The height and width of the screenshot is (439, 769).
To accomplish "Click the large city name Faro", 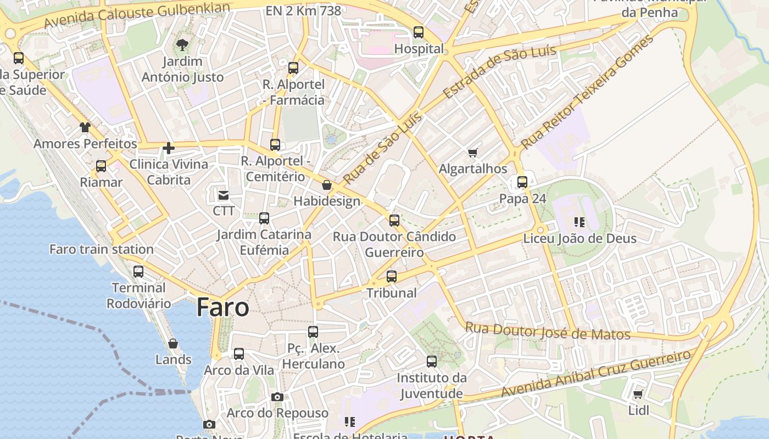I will [x=222, y=307].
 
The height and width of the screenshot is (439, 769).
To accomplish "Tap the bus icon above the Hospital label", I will [x=419, y=32].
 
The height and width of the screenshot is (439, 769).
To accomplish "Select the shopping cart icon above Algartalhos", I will [x=472, y=153].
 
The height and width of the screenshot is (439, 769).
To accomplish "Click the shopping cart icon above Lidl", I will [x=638, y=394].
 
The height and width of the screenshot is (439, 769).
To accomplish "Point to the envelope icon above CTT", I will [x=224, y=195].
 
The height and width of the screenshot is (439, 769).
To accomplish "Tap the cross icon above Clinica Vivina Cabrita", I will [x=169, y=148].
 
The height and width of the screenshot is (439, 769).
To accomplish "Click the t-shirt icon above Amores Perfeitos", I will [x=85, y=128].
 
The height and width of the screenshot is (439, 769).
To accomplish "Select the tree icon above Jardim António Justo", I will [x=182, y=45].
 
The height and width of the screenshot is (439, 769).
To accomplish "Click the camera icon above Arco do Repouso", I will [x=277, y=397].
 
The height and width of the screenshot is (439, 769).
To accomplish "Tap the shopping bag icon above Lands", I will [x=173, y=344].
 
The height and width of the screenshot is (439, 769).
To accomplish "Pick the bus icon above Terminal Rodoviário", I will [x=138, y=271].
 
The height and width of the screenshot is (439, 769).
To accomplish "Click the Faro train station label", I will [x=102, y=249].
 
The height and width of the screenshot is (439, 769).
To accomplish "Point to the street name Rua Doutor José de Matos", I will [x=548, y=331].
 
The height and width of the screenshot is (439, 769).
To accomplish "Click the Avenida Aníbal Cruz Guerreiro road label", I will [x=595, y=374].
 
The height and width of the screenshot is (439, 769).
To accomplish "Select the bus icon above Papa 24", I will [x=522, y=182].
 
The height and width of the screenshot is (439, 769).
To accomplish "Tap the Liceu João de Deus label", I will [x=579, y=239].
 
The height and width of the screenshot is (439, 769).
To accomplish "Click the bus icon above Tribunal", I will [x=392, y=277].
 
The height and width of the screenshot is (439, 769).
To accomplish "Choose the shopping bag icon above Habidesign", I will [x=327, y=185].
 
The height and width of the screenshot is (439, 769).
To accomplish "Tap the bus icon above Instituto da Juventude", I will [x=432, y=362].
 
